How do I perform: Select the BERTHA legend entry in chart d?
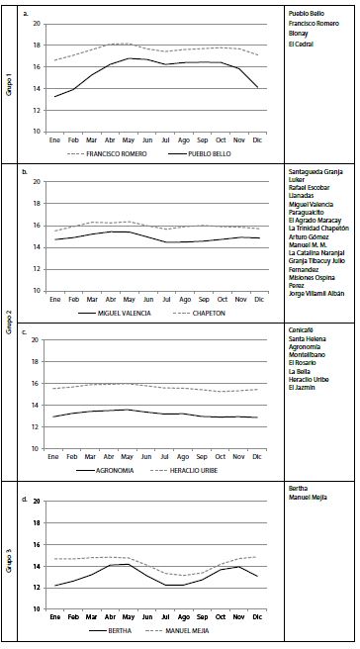[x=119, y=629]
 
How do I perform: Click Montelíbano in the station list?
[x=308, y=356]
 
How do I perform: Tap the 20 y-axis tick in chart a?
[x=37, y=24]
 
